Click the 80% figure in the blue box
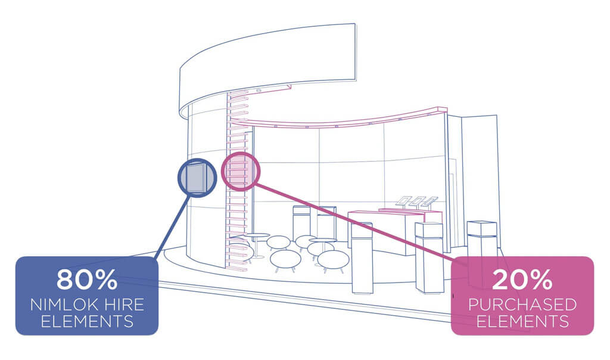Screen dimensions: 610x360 coord(87,279)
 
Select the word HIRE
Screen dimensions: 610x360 coord(123,305)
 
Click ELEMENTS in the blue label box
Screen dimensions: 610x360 coord(87,321)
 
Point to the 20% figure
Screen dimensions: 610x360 coord(522,279)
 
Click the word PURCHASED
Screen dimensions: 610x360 coord(522,305)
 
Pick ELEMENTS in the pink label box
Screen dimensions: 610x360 coord(522,321)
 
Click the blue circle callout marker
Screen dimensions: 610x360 coord(197,160)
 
